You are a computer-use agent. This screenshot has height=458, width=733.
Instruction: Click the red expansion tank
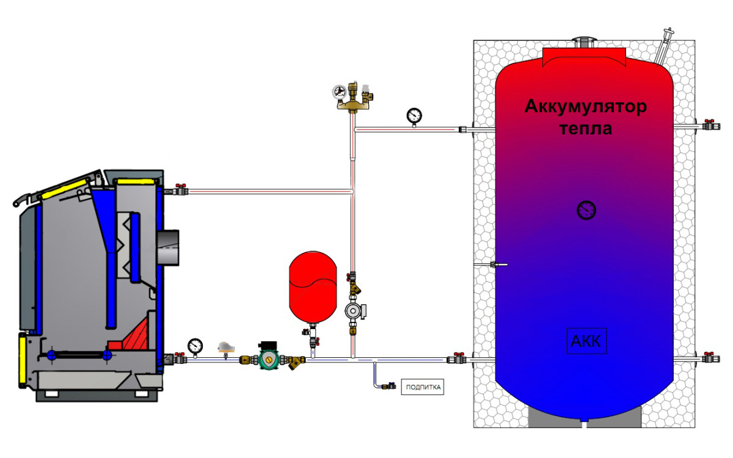click(313, 287)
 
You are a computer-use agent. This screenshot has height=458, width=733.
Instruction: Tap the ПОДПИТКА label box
click(423, 387)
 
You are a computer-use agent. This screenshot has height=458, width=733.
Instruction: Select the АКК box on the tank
click(586, 341)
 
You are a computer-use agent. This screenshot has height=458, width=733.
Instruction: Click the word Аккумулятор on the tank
click(586, 107)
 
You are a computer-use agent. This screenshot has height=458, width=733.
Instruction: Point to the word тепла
click(586, 129)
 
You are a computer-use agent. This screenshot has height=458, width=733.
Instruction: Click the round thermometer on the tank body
click(586, 210)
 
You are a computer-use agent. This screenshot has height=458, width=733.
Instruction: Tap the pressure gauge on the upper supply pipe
click(414, 117)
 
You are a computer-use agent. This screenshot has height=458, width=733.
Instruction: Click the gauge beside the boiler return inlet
click(195, 347)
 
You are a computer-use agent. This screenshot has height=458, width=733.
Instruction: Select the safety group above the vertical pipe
click(353, 98)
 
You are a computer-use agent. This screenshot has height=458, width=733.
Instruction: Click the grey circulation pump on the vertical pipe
click(354, 311)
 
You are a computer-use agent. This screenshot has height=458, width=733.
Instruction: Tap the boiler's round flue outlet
click(167, 248)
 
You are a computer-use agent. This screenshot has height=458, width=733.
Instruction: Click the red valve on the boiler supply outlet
click(180, 189)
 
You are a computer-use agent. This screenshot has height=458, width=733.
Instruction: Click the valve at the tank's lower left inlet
click(457, 358)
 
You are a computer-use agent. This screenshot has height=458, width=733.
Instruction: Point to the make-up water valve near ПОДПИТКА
click(390, 386)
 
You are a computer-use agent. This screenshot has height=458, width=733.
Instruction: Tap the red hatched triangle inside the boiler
click(136, 335)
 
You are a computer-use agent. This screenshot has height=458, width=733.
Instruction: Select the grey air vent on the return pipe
click(226, 349)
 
